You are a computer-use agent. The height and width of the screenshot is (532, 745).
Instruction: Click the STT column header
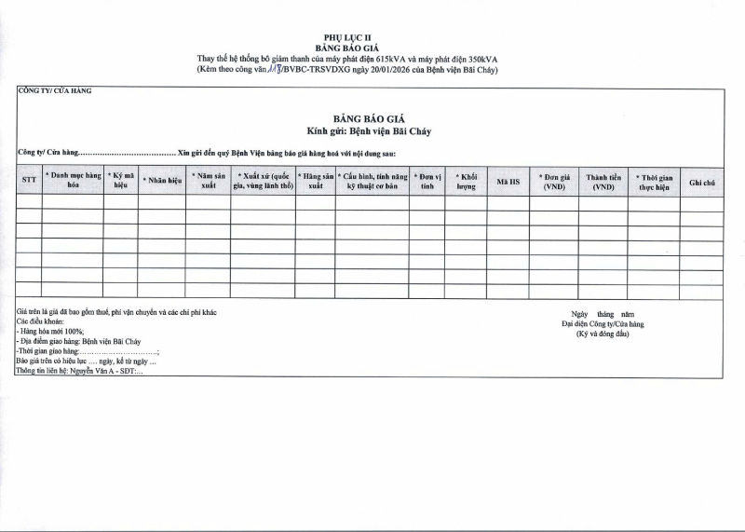[29, 181]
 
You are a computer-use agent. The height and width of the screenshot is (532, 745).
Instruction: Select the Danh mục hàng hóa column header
[73, 181]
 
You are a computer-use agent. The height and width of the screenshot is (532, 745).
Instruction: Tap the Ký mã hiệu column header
[120, 181]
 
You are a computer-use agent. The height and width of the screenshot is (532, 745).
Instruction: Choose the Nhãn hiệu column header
[161, 181]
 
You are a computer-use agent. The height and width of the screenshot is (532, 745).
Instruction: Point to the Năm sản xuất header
[208, 181]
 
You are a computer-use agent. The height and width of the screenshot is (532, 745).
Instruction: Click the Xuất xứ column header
[263, 181]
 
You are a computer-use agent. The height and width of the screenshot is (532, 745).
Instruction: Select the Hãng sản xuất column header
[316, 181]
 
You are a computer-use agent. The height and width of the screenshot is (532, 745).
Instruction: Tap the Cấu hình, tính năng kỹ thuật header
[372, 181]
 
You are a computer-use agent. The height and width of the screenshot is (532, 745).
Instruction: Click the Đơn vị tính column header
[427, 181]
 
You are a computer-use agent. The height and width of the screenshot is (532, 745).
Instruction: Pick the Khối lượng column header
[467, 181]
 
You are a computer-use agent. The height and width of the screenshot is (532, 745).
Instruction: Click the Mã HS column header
[508, 181]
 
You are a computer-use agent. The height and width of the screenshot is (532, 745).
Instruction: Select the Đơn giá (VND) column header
[554, 181]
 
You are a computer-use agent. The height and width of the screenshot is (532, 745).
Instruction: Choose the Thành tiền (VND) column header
[603, 181]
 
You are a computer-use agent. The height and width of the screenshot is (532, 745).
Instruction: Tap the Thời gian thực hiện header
[654, 181]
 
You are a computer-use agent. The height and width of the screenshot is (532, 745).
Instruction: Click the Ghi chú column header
[702, 181]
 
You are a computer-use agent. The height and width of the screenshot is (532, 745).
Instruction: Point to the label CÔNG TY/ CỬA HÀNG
[55, 91]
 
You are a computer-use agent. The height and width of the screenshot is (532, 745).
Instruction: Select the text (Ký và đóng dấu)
[603, 334]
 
